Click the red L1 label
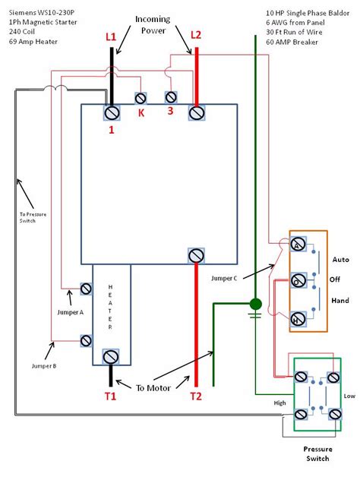111,36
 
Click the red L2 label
196,35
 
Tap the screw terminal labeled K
141,99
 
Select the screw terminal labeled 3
171,97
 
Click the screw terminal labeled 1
112,113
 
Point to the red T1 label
111,396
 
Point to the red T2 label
196,396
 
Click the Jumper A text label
70,312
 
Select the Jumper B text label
44,366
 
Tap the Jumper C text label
224,278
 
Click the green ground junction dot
256,304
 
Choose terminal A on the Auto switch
298,245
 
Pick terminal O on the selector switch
298,280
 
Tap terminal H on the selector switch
298,319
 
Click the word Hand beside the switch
340,300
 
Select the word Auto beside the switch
341,260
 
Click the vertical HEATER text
110,307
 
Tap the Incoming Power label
153,24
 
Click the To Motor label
153,388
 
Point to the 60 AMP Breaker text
292,42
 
